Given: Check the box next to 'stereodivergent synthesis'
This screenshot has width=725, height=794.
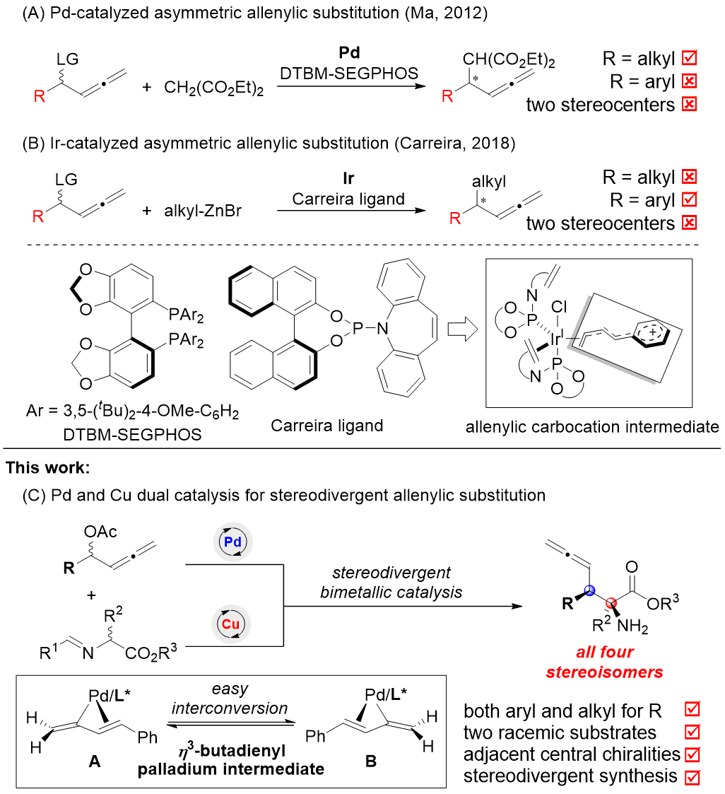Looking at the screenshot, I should click(x=692, y=776).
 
